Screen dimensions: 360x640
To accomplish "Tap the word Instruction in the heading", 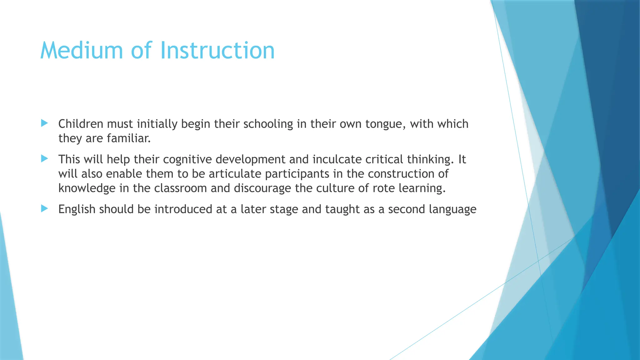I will point(217,51).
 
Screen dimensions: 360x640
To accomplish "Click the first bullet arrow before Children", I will point(44,123).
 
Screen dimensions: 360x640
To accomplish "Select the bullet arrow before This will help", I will point(44,159).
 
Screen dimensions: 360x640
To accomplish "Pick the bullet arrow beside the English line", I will point(44,209).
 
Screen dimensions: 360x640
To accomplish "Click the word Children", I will point(81,124).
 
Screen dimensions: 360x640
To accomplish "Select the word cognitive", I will point(187,160).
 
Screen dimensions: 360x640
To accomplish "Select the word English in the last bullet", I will point(77,209).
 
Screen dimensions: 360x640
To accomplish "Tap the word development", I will point(250,160).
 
